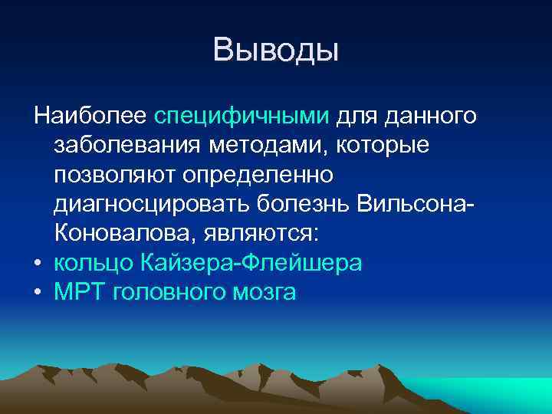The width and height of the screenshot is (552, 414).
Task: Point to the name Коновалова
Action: click(x=120, y=233)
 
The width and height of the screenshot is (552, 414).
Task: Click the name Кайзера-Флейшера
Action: click(x=251, y=262)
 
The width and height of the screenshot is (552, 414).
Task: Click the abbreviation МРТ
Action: click(x=79, y=291)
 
